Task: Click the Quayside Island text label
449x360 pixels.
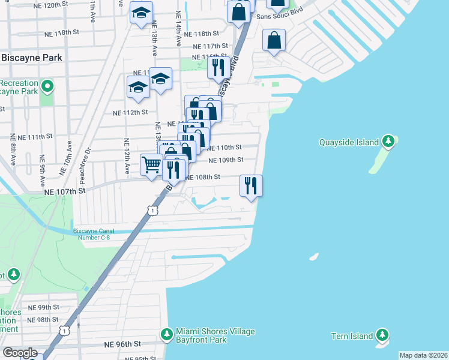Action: click(349, 142)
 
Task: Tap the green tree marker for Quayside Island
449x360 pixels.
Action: click(389, 142)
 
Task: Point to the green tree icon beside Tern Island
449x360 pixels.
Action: click(382, 335)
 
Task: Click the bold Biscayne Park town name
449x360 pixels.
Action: click(32, 58)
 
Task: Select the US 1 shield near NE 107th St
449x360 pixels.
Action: click(153, 211)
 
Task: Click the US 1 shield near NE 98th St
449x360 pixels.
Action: click(64, 330)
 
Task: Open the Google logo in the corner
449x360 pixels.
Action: click(20, 353)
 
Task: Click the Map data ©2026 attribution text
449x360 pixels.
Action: click(423, 355)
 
